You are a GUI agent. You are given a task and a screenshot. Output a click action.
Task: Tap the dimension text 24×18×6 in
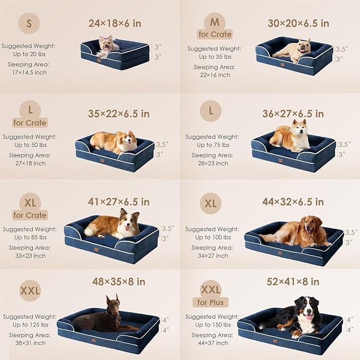tap(115, 23)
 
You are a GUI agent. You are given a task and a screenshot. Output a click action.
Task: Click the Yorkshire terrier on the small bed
tap(108, 46)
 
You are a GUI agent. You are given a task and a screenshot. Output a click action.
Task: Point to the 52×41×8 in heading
tap(293, 282)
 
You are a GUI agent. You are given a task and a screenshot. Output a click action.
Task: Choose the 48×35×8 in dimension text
tap(118, 282)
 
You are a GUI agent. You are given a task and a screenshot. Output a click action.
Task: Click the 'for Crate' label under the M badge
tap(215, 34)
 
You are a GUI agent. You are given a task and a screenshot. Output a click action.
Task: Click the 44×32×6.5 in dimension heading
tap(293, 202)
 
